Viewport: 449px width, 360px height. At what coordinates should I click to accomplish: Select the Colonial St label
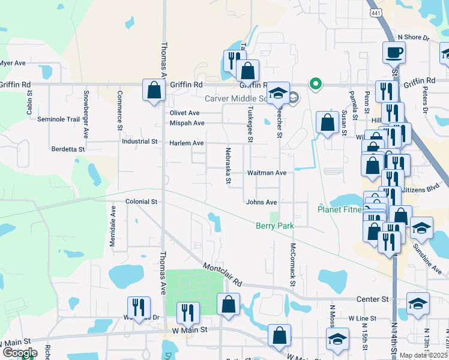141,202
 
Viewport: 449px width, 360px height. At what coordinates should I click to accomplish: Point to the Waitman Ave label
267,173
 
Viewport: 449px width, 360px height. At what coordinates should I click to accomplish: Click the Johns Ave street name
261,202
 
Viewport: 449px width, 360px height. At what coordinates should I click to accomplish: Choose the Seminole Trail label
58,119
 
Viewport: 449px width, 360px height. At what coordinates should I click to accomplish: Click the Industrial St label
139,142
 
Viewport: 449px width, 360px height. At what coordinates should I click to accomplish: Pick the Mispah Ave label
187,123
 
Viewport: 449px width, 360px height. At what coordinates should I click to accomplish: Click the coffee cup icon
394,53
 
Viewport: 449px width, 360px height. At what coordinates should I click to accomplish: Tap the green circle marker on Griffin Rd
314,84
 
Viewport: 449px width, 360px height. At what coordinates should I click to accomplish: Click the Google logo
19,353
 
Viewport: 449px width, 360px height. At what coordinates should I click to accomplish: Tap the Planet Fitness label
340,209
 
